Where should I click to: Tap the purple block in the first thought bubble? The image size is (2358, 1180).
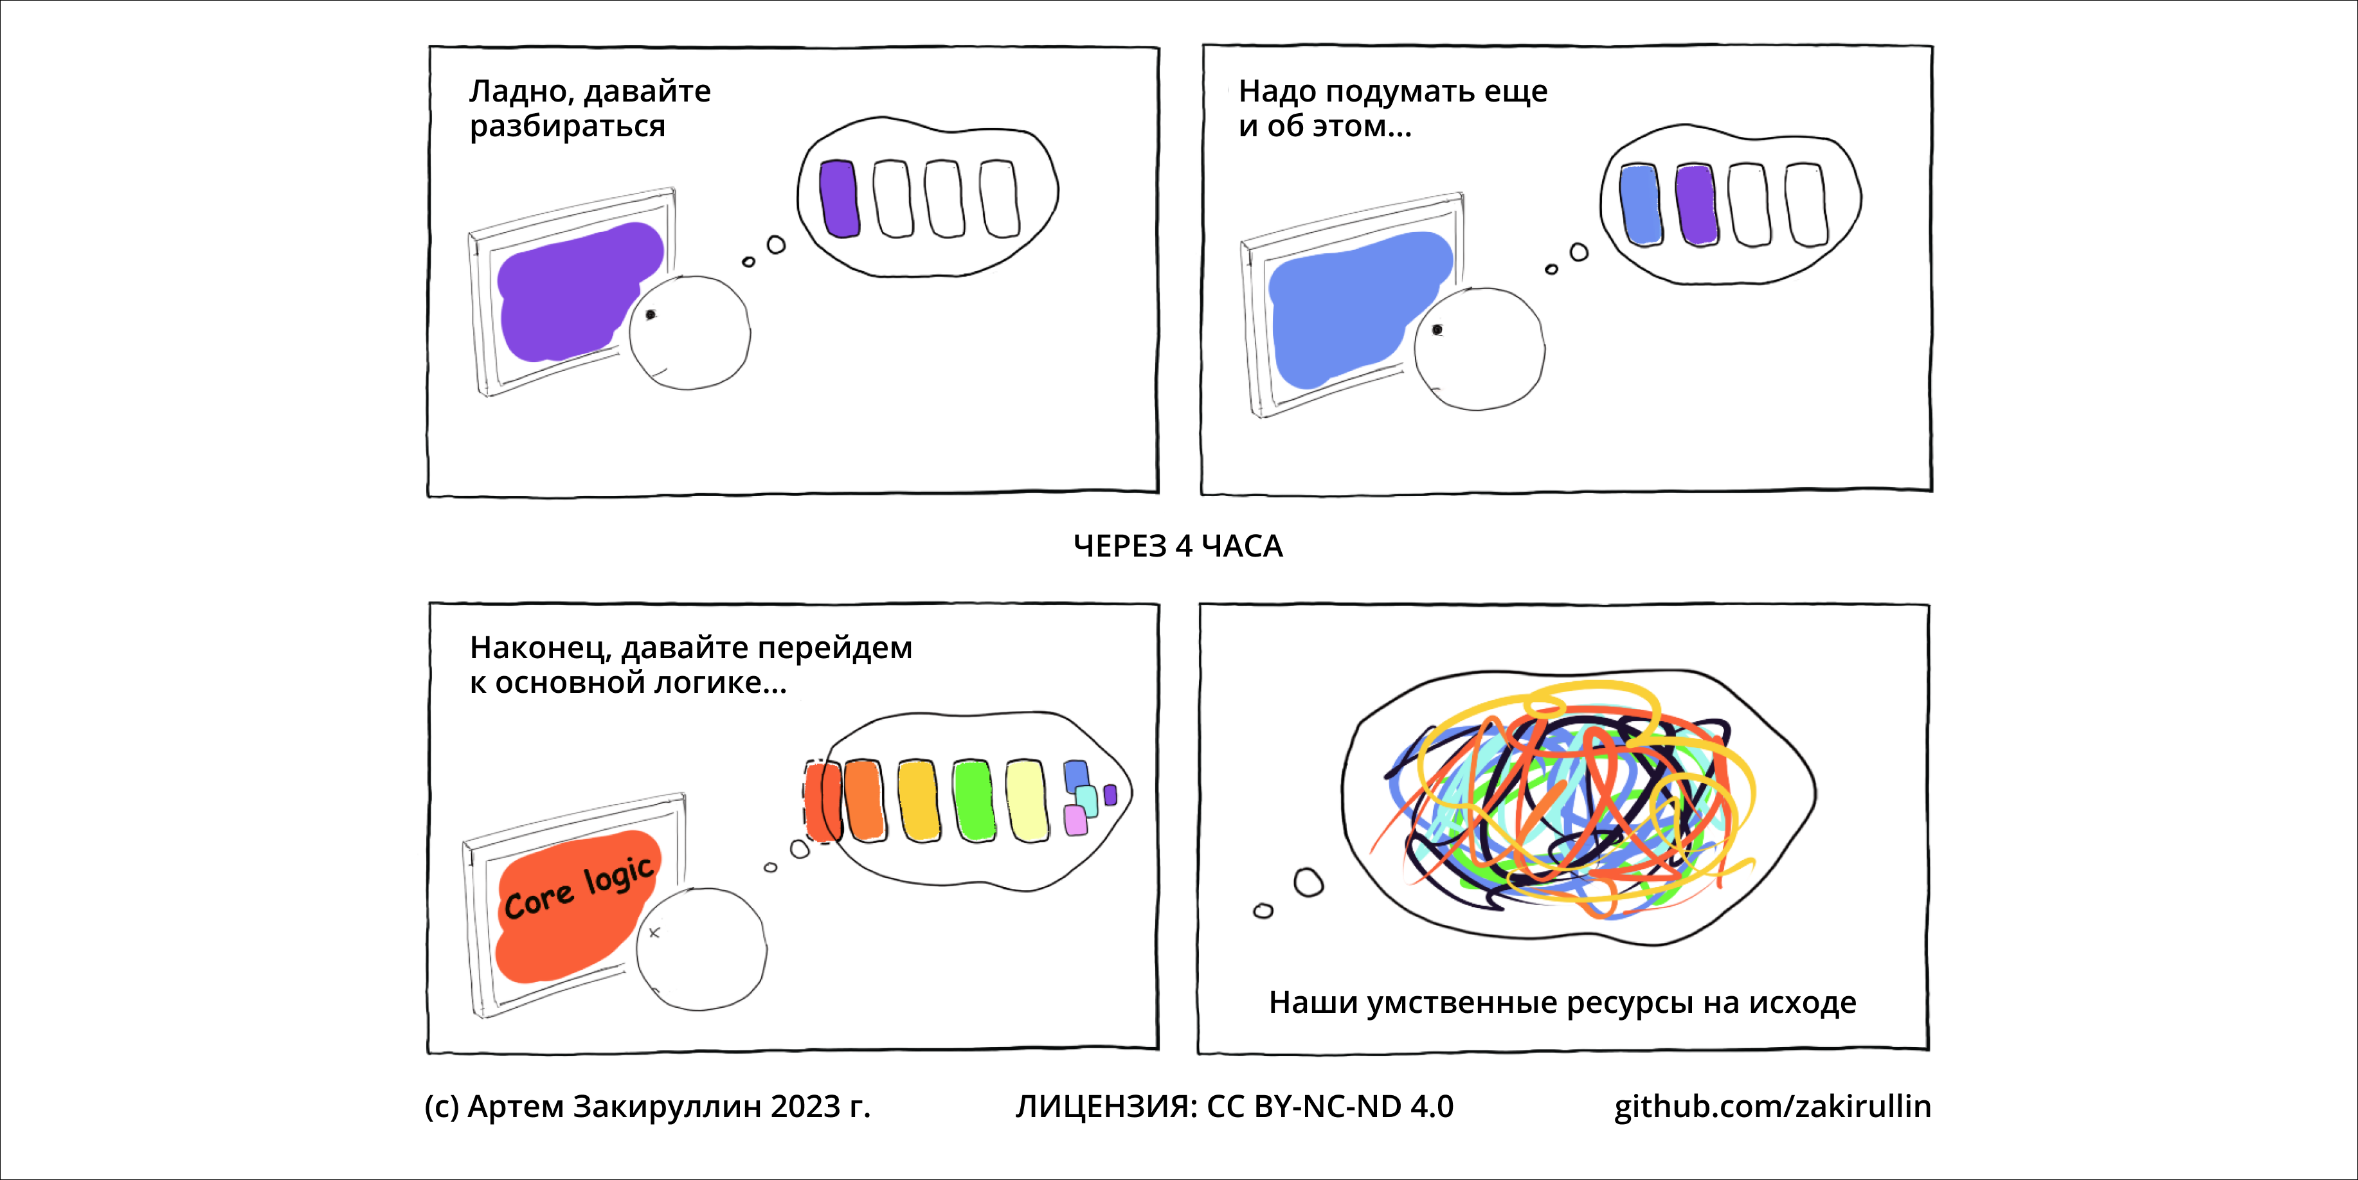pos(838,199)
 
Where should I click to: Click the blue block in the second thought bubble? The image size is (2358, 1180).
pos(1641,204)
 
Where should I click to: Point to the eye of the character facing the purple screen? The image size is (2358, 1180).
pos(651,315)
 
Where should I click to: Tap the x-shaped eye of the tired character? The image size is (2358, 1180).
pos(654,933)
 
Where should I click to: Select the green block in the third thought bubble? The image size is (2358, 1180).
pos(973,799)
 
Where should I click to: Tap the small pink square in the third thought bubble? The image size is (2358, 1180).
pos(1075,820)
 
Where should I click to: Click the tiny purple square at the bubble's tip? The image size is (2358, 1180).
pos(1110,794)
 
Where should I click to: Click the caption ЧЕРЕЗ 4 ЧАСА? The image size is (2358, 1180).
pos(1178,546)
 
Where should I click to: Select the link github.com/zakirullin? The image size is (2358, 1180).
pos(1772,1107)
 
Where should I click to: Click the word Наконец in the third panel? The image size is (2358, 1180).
pos(540,648)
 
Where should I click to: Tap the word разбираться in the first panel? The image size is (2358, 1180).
pos(568,127)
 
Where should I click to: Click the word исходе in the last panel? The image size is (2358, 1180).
pos(1803,1003)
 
